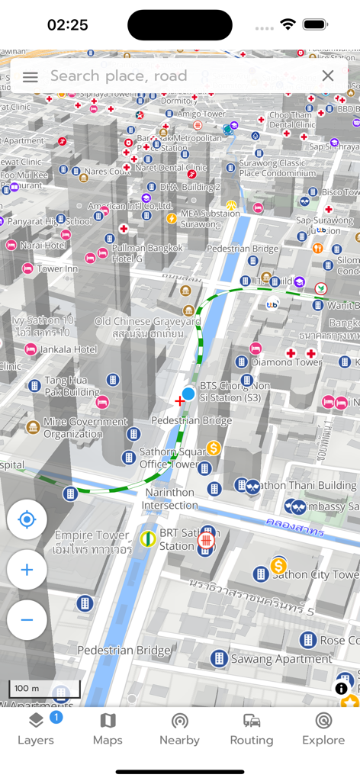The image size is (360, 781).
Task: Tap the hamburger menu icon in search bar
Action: tap(31, 76)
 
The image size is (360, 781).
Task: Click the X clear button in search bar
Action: tap(328, 76)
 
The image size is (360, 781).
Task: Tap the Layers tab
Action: tap(36, 729)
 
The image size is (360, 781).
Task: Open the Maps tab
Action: tap(108, 729)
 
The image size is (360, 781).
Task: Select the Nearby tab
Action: tap(179, 729)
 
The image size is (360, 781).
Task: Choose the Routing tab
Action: tap(252, 729)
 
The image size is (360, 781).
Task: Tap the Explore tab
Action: tap(323, 729)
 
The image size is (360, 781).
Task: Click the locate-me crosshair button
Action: tap(27, 520)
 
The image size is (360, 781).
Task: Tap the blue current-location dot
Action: tap(188, 394)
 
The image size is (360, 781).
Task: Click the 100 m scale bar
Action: tap(44, 689)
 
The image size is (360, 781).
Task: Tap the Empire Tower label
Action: tap(92, 542)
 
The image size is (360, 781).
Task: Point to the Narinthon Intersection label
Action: tap(170, 499)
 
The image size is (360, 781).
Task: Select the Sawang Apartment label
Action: tap(272, 658)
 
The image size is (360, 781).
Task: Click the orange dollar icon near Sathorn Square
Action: tap(214, 448)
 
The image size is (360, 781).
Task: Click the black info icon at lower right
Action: tap(341, 688)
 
